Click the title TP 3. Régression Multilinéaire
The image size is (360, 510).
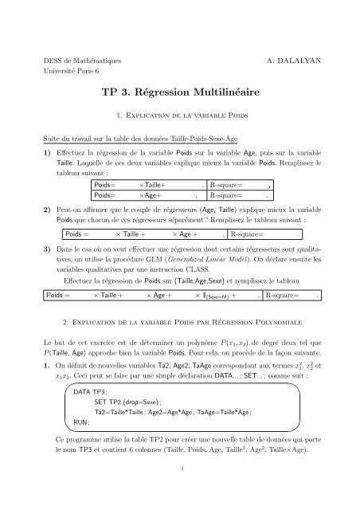pyautogui.click(x=179, y=92)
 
